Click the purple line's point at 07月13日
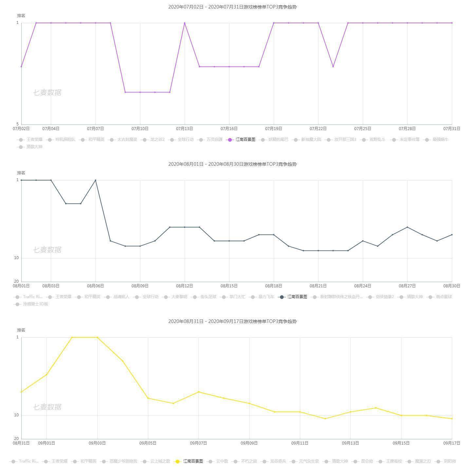(185, 23)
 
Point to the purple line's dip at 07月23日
(333, 66)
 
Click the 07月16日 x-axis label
(229, 129)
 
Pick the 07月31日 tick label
(452, 129)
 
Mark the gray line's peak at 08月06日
(95, 180)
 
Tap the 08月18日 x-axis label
(273, 286)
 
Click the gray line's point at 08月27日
(407, 227)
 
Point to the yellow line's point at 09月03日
(97, 337)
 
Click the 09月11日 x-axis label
(300, 443)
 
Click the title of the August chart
(232, 164)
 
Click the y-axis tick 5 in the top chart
(18, 124)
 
